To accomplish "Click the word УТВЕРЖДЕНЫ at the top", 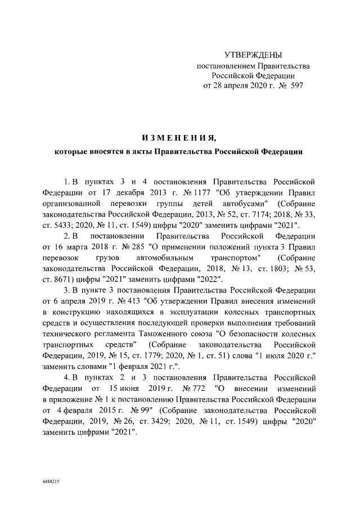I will [x=253, y=55].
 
